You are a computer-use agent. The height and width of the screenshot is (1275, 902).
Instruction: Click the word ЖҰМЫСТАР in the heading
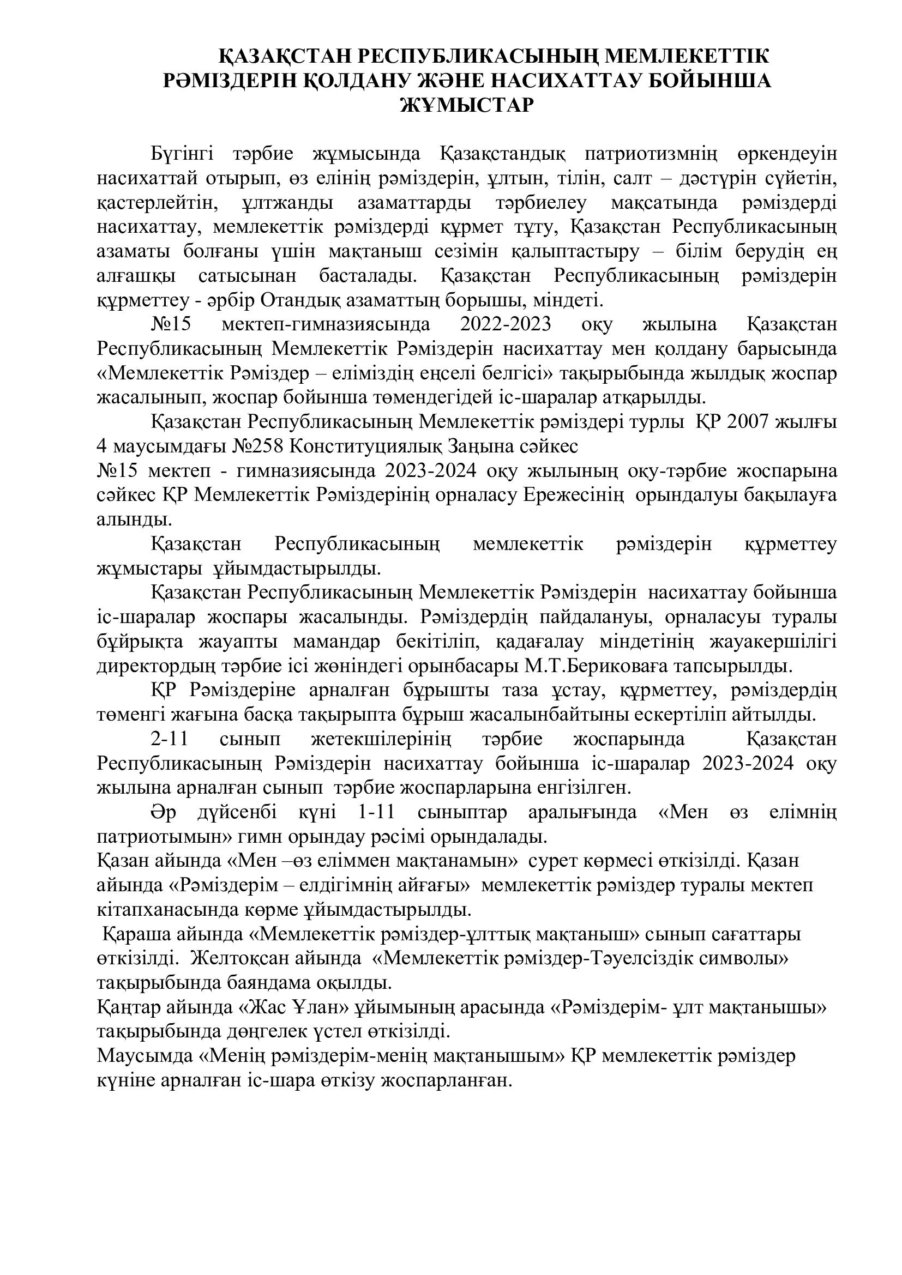[x=467, y=105]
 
